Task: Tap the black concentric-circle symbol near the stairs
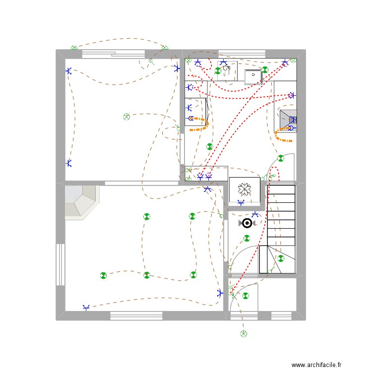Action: point(246,223)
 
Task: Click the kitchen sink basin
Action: point(253,77)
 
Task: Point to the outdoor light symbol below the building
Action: point(244,333)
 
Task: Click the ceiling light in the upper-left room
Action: point(126,117)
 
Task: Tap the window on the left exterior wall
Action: point(60,264)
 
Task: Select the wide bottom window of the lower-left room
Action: point(136,315)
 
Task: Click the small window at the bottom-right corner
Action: point(281,315)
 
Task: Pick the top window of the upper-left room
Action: point(113,54)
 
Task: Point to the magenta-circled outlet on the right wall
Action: point(291,95)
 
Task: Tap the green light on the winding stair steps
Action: point(281,258)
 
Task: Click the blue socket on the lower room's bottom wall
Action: point(86,308)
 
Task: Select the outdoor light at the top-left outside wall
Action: point(74,48)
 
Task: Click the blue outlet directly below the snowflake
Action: point(241,202)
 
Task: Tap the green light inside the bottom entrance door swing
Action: point(245,297)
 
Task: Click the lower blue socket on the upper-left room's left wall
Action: point(68,163)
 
